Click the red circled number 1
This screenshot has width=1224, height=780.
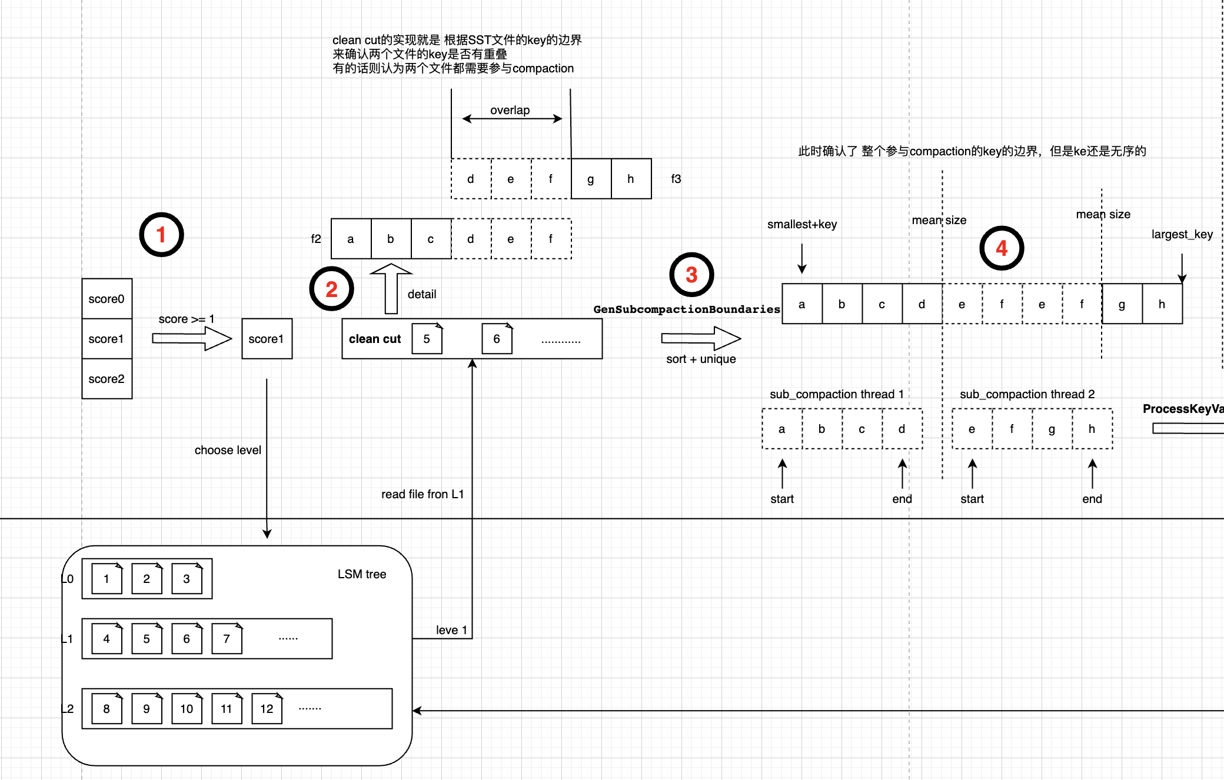click(161, 235)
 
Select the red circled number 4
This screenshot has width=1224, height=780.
click(1002, 248)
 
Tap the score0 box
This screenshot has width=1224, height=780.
click(107, 299)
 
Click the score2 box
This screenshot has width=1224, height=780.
click(107, 379)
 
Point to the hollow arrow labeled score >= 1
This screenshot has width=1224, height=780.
click(192, 338)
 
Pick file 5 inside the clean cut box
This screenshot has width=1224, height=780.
click(427, 339)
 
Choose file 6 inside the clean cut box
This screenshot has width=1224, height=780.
click(497, 339)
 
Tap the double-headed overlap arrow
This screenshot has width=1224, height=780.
click(512, 119)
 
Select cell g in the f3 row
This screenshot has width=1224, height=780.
click(591, 179)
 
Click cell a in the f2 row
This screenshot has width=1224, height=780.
click(351, 239)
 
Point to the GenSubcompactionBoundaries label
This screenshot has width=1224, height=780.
click(686, 309)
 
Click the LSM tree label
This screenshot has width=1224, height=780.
click(362, 574)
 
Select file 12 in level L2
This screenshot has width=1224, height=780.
click(267, 709)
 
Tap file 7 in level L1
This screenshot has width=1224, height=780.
click(227, 639)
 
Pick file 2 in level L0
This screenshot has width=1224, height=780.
click(147, 579)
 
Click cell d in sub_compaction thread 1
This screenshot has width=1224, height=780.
click(902, 429)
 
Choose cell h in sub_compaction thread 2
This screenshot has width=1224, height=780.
click(1092, 429)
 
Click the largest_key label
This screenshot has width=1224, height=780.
click(1182, 234)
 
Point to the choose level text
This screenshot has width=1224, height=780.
click(228, 450)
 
